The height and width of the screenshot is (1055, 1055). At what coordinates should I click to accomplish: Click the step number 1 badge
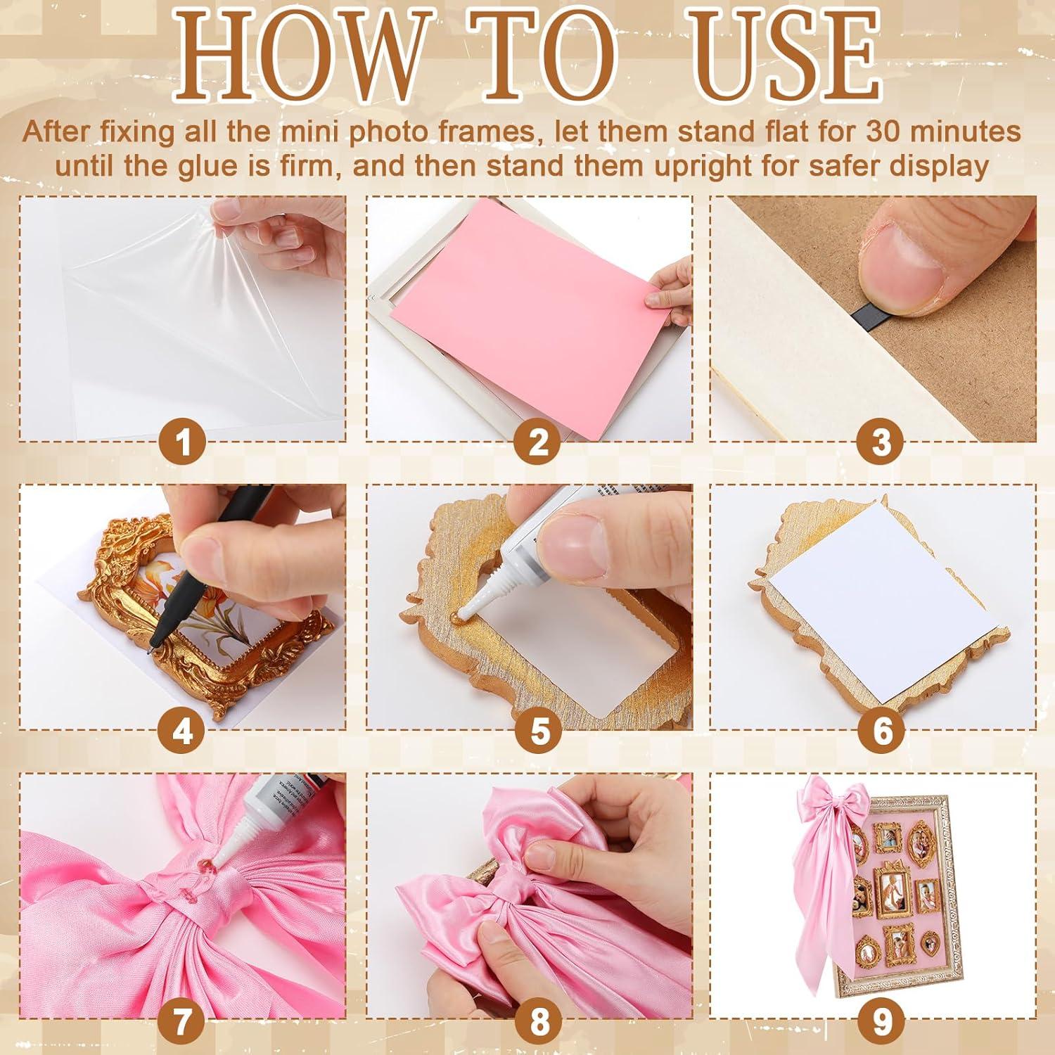tap(183, 443)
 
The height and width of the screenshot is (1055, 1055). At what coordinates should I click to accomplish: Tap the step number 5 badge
tap(539, 731)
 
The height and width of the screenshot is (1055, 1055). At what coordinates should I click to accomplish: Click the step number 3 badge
tap(882, 443)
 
